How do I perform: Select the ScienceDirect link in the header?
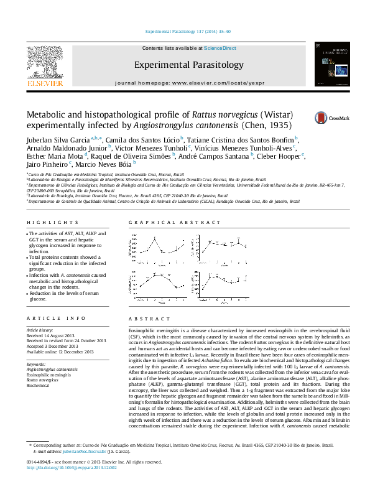click(220, 48)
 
